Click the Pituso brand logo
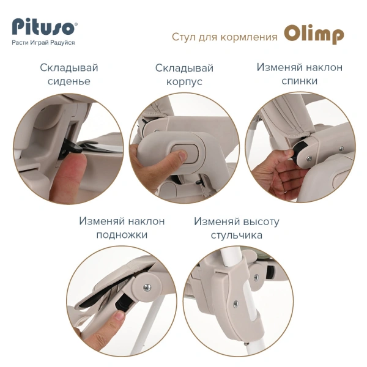pos(45,28)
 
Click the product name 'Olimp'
pos(314,35)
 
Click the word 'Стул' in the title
pos(183,37)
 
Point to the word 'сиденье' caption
pos(69,81)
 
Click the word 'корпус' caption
pos(184,81)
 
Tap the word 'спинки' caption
pos(299,81)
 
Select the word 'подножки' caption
pos(121,235)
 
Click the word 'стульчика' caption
pos(236,235)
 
